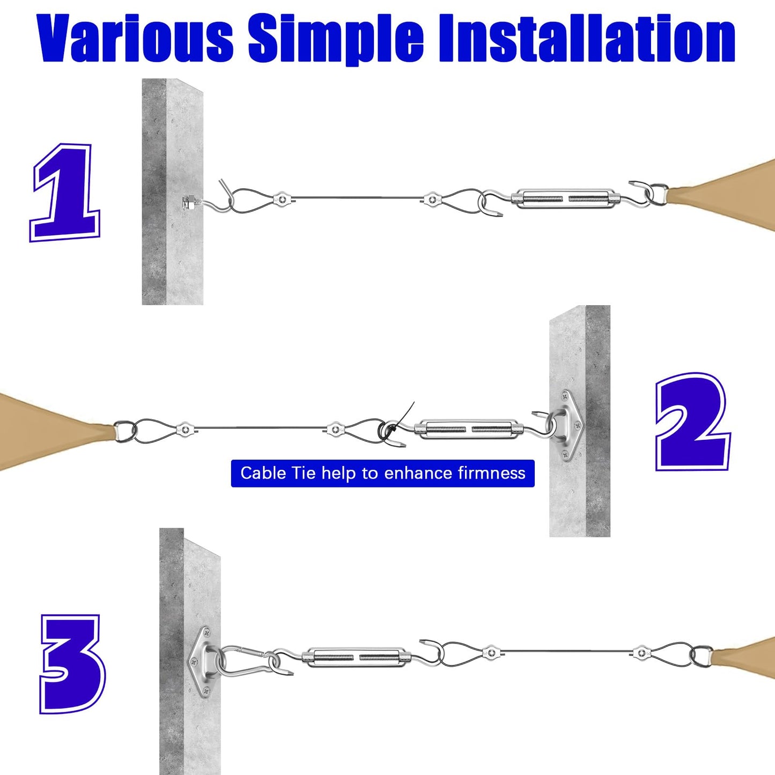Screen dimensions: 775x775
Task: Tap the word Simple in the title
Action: pyautogui.click(x=336, y=38)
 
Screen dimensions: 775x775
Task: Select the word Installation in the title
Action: pyautogui.click(x=587, y=38)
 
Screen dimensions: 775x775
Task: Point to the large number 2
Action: pyautogui.click(x=692, y=422)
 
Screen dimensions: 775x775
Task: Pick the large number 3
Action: pyautogui.click(x=72, y=664)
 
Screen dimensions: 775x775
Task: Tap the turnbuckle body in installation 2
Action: pyautogui.click(x=469, y=429)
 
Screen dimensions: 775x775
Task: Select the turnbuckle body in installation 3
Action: pyautogui.click(x=355, y=657)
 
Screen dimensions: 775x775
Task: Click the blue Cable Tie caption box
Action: pyautogui.click(x=382, y=473)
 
